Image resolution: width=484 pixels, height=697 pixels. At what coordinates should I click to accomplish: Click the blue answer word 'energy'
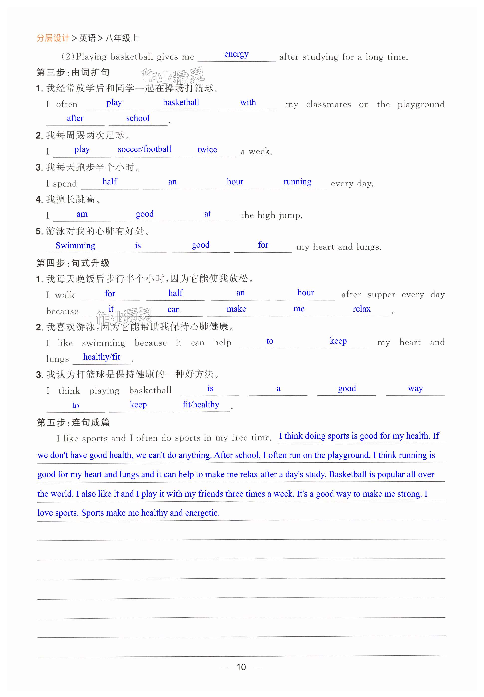236,54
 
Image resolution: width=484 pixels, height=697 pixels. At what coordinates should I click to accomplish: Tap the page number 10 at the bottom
241,667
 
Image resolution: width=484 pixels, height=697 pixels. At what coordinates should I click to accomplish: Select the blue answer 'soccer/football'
144,149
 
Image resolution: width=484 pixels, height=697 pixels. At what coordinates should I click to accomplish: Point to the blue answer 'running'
297,182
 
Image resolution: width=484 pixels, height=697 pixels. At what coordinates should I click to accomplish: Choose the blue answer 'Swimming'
75,246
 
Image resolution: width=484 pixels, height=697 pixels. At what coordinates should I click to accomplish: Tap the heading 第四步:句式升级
73,263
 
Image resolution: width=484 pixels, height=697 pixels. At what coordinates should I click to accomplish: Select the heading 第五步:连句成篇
73,422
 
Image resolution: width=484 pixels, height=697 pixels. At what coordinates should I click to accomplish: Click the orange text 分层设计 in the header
53,38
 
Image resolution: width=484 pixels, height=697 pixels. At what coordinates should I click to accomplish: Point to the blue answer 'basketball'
181,102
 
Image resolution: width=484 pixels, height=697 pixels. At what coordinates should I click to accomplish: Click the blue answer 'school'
138,118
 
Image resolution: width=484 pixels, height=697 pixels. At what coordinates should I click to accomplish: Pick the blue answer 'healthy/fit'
101,357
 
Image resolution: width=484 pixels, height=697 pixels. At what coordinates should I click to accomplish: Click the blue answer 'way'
415,388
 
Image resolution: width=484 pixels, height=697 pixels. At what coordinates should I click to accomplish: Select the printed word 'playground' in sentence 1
421,105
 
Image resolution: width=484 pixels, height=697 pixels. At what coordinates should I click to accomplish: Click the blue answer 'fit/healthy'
201,405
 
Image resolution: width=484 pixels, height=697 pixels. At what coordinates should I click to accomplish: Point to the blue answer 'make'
236,309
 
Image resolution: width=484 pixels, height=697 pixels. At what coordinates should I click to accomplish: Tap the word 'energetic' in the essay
202,513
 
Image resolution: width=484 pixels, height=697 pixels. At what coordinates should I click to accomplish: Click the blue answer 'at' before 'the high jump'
207,214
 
